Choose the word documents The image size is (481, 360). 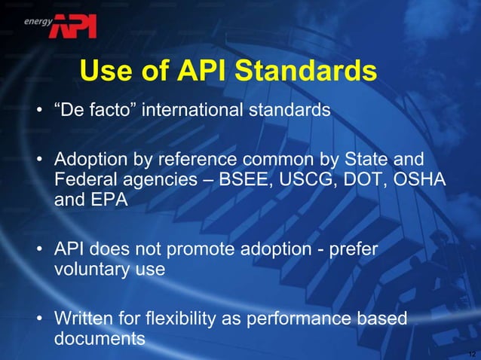[x=100, y=339]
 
